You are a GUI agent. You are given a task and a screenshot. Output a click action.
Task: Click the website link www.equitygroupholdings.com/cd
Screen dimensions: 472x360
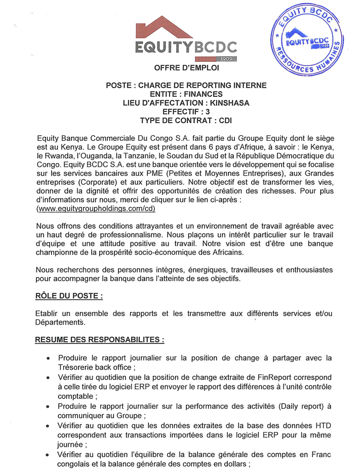click(x=96, y=209)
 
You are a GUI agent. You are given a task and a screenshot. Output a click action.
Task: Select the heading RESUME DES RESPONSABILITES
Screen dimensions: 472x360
click(x=99, y=339)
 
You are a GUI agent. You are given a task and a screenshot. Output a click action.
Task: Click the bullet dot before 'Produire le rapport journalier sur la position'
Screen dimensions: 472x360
click(x=48, y=358)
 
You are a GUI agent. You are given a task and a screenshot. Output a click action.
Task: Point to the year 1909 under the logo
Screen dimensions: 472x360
click(x=226, y=59)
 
